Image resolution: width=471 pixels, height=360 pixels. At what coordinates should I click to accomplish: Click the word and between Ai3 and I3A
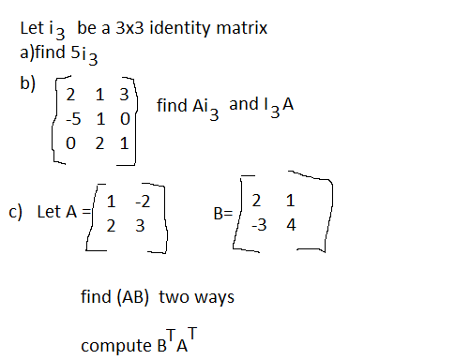click(242, 103)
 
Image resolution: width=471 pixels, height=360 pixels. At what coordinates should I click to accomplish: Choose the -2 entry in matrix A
click(144, 200)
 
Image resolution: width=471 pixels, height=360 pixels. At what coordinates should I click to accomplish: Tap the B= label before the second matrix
click(223, 215)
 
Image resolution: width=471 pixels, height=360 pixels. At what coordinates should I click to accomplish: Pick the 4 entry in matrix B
click(292, 225)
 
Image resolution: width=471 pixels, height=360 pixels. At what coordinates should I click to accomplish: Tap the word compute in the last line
click(110, 344)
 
